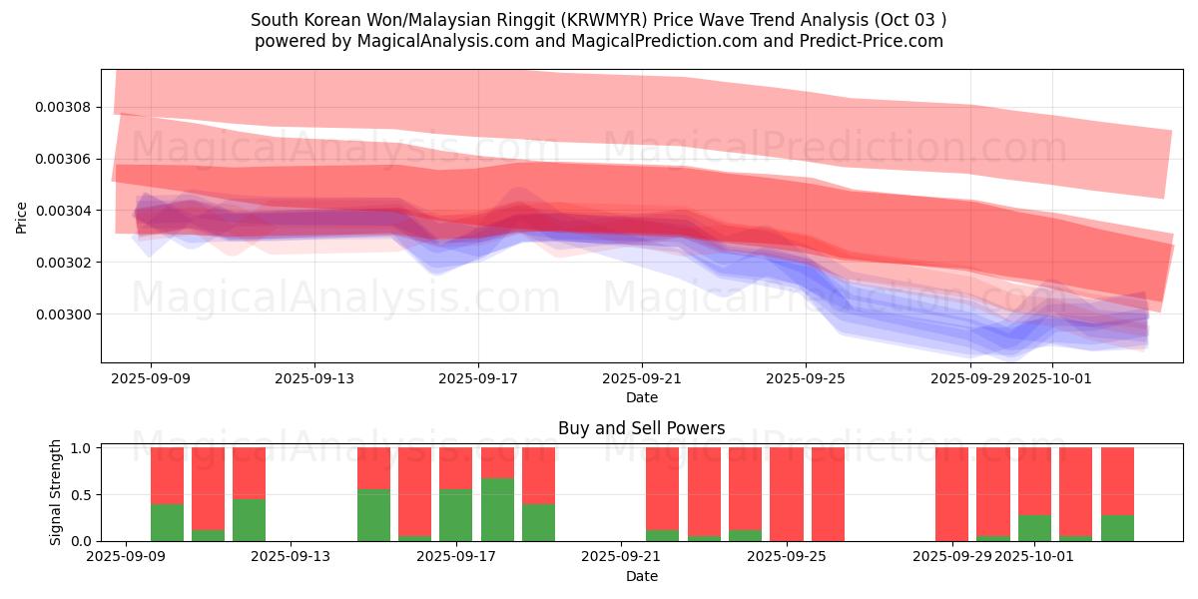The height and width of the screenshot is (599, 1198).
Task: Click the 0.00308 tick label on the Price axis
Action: tap(64, 107)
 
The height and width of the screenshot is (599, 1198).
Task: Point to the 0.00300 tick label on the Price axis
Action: tap(64, 314)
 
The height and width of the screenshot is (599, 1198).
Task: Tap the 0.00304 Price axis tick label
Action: tap(64, 211)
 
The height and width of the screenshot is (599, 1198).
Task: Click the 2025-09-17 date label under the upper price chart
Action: tap(478, 379)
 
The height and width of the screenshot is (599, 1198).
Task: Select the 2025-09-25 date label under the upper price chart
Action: tap(806, 379)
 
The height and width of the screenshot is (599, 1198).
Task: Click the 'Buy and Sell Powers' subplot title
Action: tap(641, 428)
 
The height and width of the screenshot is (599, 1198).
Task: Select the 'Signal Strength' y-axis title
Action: tap(56, 492)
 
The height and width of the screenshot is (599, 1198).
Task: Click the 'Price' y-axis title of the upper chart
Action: tap(22, 217)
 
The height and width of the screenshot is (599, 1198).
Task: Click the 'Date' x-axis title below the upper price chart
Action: tap(641, 397)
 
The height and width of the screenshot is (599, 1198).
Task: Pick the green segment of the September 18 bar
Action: tap(497, 509)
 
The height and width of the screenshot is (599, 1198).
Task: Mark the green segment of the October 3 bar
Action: tap(1117, 528)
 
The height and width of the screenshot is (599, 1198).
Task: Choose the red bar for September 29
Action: tap(951, 494)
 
